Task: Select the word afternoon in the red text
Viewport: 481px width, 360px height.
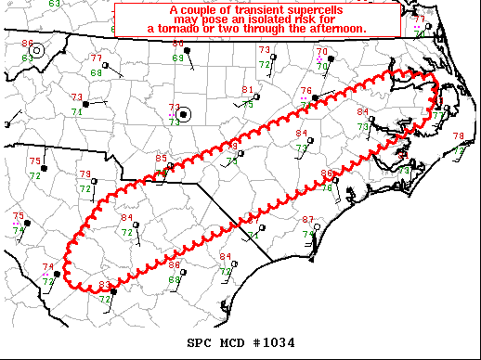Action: [x=334, y=30]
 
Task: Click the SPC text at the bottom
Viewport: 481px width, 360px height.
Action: [x=198, y=342]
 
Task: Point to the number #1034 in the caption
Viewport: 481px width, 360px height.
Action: [x=276, y=342]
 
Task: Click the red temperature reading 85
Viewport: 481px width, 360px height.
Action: [x=162, y=160]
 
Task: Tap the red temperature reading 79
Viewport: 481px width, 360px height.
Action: [x=84, y=174]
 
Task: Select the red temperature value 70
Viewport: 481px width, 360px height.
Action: [x=321, y=52]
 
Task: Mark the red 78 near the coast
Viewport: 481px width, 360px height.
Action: [x=458, y=136]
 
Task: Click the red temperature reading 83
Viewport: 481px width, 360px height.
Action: [x=104, y=285]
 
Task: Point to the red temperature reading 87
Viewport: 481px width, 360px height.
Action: [x=308, y=220]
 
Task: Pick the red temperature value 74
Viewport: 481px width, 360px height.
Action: [x=47, y=267]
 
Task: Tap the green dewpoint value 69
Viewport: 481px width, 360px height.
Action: [x=177, y=58]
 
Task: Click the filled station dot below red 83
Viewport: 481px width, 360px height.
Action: [x=112, y=292]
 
